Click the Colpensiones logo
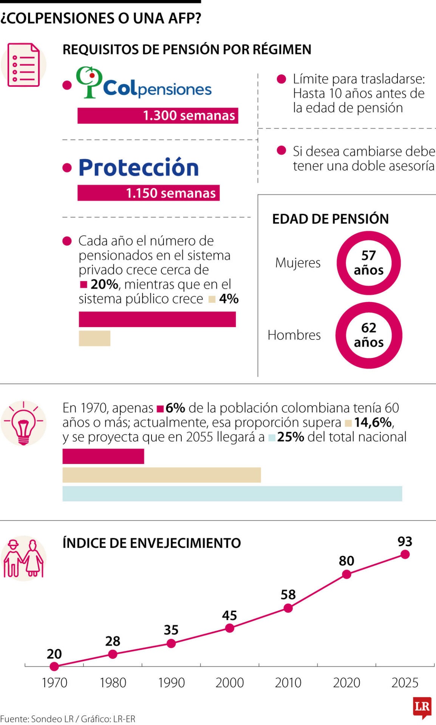tap(144, 83)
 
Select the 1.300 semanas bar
tap(158, 116)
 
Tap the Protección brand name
tap(138, 168)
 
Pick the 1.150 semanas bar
tap(148, 193)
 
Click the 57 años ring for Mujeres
tap(368, 263)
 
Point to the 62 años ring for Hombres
tap(368, 335)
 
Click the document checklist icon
tap(23, 65)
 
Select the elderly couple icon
tap(23, 558)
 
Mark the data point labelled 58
tap(288, 608)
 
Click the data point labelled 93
tap(405, 554)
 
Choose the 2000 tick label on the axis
tap(230, 683)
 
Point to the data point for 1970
tap(54, 666)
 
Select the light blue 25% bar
tap(232, 494)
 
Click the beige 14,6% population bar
tap(161, 475)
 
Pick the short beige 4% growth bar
tap(94, 338)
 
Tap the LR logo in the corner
tap(422, 707)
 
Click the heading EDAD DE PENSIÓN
tap(330, 219)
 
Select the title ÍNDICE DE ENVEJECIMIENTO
tap(152, 543)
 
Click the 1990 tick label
tap(171, 683)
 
